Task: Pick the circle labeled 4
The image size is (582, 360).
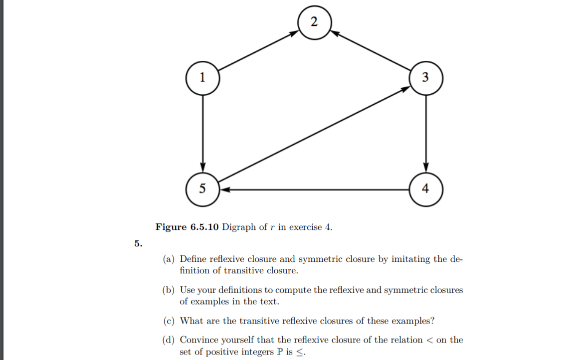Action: click(x=425, y=189)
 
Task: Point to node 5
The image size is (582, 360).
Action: click(x=202, y=189)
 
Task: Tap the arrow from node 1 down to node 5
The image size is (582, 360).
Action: click(x=202, y=132)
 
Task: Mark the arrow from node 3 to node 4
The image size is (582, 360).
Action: click(x=425, y=132)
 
